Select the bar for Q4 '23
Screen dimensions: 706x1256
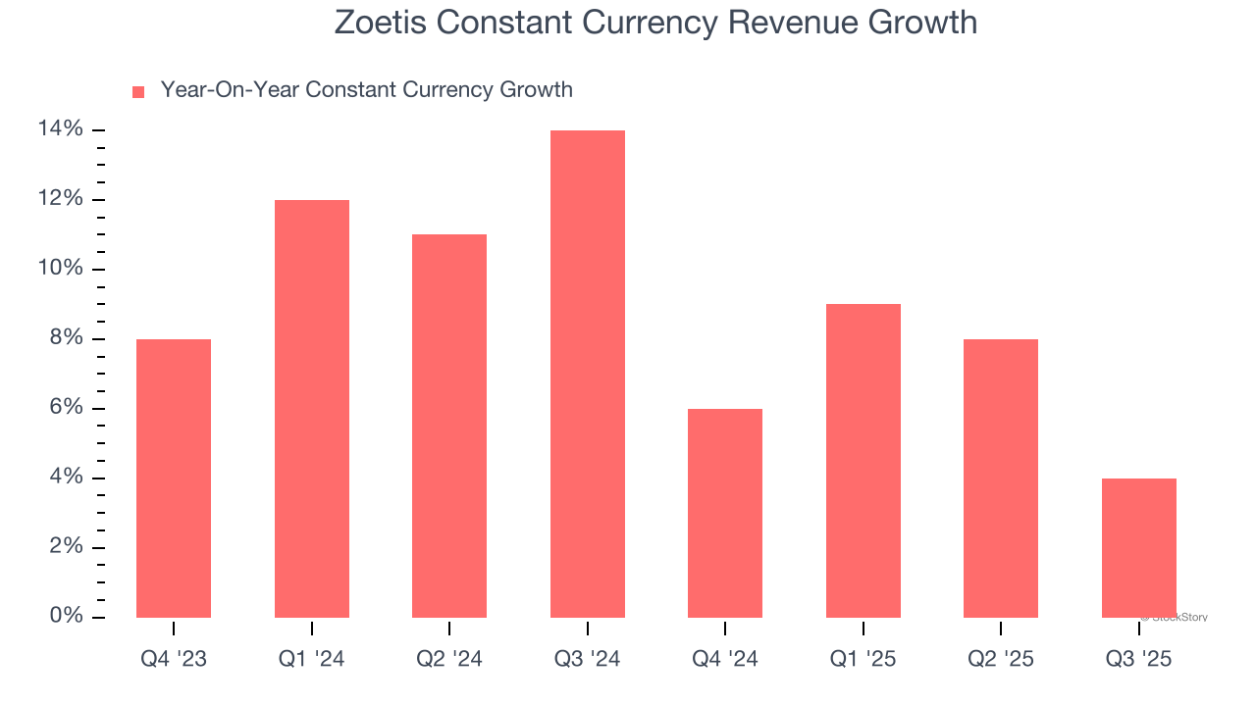pos(174,479)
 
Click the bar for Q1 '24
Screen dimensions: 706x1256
pos(312,409)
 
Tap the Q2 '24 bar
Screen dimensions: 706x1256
pos(449,427)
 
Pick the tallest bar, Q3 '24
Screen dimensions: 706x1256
pos(588,374)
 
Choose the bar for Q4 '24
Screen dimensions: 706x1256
pos(725,513)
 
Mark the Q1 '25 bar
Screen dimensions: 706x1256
pos(863,461)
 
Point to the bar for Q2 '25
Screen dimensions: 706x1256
pos(1001,479)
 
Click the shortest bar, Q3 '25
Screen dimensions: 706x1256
pos(1139,548)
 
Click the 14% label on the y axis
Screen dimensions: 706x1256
pos(60,129)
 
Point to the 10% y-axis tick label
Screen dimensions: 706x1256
pos(60,269)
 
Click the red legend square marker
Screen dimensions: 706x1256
pos(138,92)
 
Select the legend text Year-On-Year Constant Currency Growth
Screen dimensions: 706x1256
pos(366,90)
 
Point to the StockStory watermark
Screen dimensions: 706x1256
pos(1177,618)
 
